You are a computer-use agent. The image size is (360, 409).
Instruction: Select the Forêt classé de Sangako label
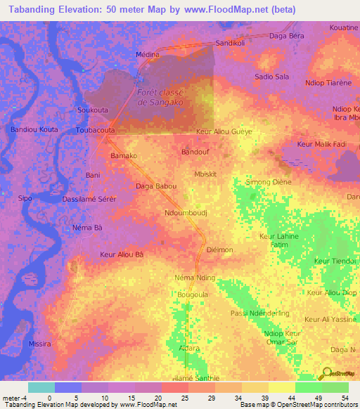coord(161,97)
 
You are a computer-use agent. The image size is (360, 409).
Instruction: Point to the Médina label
coord(148,54)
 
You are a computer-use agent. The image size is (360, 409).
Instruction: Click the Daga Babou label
coord(156,186)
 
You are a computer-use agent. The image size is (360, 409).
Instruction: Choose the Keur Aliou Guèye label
coord(224,131)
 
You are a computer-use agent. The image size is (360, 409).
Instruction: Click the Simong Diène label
coord(267,182)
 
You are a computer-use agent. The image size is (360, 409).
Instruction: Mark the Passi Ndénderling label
coord(259,313)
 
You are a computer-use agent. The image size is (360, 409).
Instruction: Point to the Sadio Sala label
coord(271,77)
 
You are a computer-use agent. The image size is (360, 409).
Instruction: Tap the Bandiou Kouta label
coord(34,130)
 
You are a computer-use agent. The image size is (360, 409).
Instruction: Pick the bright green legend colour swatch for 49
coord(308,387)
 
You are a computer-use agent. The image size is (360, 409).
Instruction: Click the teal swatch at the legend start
coord(41,387)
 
